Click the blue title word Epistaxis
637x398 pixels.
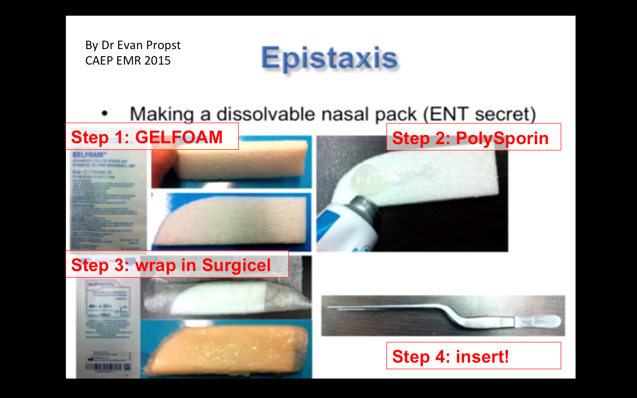(330, 58)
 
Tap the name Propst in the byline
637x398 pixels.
(163, 45)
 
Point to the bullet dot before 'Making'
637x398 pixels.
(104, 114)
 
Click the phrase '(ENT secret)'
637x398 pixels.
(480, 114)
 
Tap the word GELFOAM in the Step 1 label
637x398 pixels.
(179, 137)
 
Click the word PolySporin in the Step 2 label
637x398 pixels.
(502, 138)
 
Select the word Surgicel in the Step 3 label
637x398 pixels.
(236, 265)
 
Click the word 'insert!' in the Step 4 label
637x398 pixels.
(482, 356)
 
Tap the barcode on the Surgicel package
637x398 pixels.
(108, 367)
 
